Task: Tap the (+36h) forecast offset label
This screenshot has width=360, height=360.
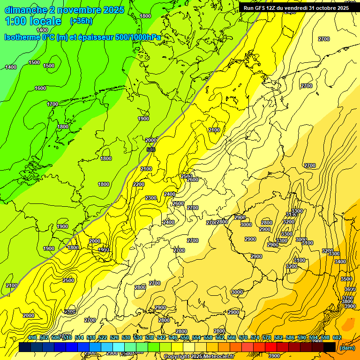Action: click(x=81, y=21)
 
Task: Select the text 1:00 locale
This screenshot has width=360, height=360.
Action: click(x=33, y=21)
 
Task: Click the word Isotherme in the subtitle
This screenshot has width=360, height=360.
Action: click(x=22, y=37)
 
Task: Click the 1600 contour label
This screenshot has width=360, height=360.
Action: click(x=40, y=88)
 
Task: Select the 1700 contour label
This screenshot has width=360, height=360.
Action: click(x=52, y=104)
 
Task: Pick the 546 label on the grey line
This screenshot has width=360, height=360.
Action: click(x=151, y=150)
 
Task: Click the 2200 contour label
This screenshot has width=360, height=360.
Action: click(x=139, y=184)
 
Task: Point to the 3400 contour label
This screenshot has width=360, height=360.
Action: click(x=340, y=262)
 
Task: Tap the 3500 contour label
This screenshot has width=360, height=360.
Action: click(x=346, y=279)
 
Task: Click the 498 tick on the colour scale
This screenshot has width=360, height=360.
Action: click(x=32, y=338)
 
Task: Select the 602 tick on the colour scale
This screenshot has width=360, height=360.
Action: click(x=337, y=338)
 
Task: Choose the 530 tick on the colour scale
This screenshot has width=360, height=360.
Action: click(x=126, y=338)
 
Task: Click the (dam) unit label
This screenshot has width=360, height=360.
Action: click(x=347, y=348)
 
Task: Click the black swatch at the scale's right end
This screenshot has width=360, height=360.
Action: click(x=330, y=347)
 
